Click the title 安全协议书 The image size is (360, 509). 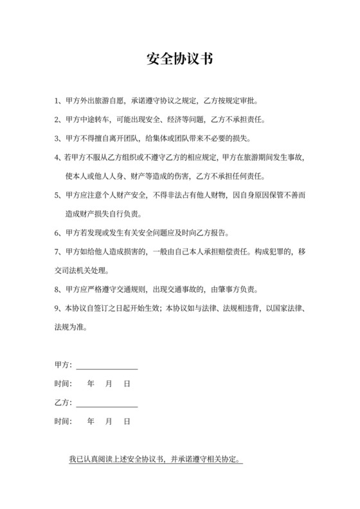(x=179, y=60)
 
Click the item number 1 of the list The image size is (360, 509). (x=57, y=101)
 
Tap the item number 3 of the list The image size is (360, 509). (x=57, y=138)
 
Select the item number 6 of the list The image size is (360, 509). (x=57, y=232)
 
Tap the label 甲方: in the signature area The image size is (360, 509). (x=64, y=365)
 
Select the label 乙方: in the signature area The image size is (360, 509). (x=64, y=403)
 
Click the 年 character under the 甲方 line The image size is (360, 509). (x=91, y=384)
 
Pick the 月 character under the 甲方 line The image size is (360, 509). (x=109, y=384)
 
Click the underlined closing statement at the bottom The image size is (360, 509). (x=156, y=460)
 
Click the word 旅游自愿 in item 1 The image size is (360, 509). (x=112, y=101)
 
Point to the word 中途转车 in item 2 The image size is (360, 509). (x=96, y=120)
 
